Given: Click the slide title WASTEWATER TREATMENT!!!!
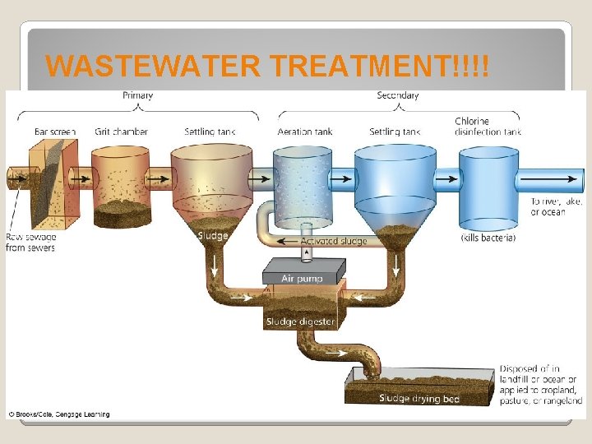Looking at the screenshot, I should pos(267,65).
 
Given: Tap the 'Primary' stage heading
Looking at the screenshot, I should pos(138,95).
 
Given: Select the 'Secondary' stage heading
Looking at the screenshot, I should pos(398,95).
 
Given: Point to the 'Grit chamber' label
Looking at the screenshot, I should pos(121,131).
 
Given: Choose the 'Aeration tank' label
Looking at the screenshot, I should pos(306,131).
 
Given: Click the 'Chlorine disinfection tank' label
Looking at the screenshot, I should pos(488,126).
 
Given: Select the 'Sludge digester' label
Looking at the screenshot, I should pos(299,321).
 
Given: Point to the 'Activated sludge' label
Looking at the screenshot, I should pos(333,241).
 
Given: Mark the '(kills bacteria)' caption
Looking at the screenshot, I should pos(488,238).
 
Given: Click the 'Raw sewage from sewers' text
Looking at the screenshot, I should pos(30,242).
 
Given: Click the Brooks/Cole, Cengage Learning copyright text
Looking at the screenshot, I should pos(58,414).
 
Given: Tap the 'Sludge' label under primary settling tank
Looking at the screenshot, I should pos(213,236).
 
